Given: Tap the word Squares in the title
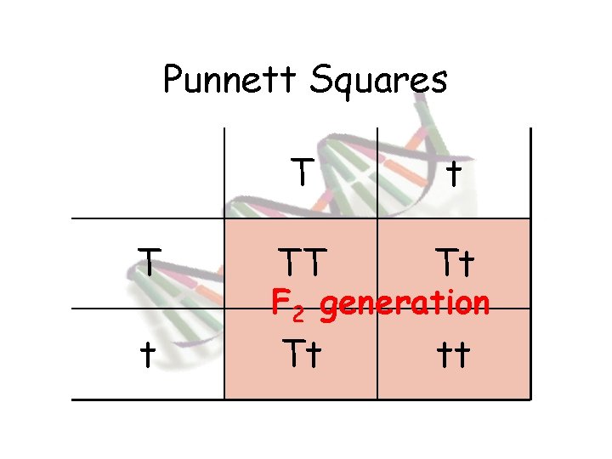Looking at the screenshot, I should (377, 82).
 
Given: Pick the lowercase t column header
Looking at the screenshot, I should (454, 173).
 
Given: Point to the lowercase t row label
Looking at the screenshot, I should (147, 354).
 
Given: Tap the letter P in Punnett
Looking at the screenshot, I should (173, 80).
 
